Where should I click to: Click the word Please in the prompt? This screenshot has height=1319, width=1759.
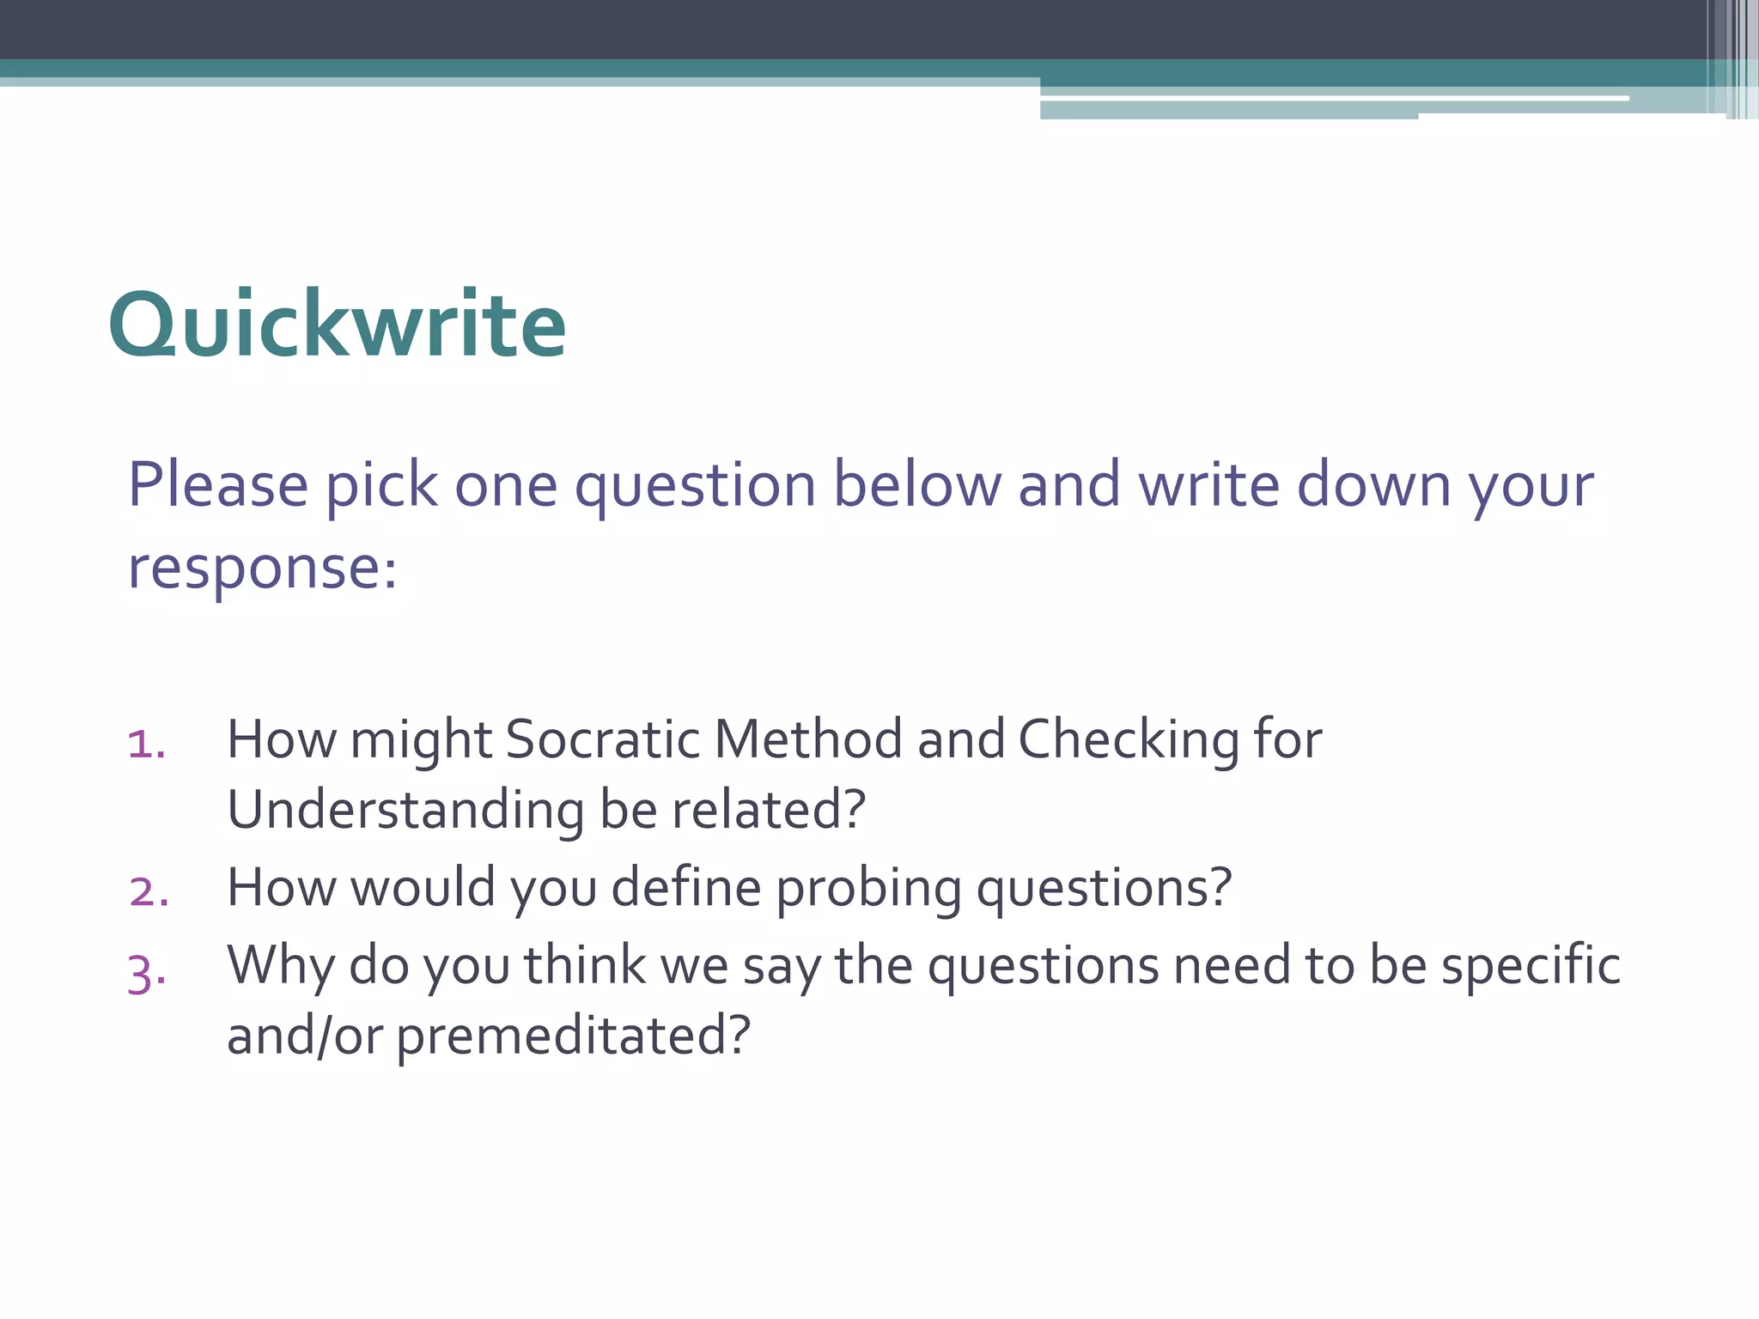pyautogui.click(x=218, y=485)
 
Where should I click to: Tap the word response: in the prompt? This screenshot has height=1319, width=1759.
pyautogui.click(x=263, y=568)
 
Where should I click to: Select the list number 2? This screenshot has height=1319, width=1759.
pyautogui.click(x=149, y=891)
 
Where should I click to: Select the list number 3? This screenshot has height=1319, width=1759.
pyautogui.click(x=146, y=974)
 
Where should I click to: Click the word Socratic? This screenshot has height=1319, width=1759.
pyautogui.click(x=602, y=739)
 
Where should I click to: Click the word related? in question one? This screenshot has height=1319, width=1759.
pyautogui.click(x=768, y=810)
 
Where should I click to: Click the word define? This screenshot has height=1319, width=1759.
pyautogui.click(x=685, y=887)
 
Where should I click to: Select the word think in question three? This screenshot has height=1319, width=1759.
pyautogui.click(x=585, y=965)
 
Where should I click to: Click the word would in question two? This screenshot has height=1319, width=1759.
pyautogui.click(x=423, y=887)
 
